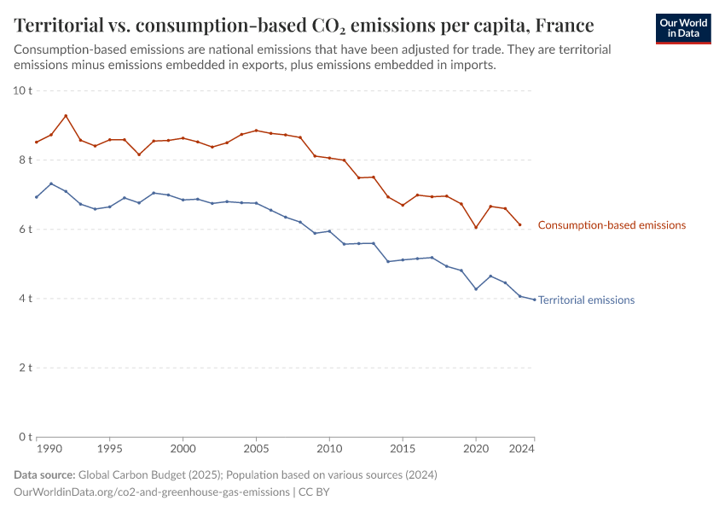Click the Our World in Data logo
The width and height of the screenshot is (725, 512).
(x=683, y=28)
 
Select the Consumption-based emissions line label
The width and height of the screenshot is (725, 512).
(x=612, y=225)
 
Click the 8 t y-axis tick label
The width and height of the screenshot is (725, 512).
(x=26, y=160)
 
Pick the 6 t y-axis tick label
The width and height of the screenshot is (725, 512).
(x=26, y=229)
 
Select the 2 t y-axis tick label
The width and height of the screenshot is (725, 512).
(x=26, y=368)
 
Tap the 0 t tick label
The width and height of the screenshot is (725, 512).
(x=26, y=437)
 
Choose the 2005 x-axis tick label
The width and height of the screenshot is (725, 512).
(x=256, y=448)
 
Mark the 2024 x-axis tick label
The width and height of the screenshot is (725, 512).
(x=521, y=448)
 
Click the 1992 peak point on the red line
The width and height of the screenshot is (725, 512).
(x=66, y=116)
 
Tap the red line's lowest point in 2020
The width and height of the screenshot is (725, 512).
(x=476, y=227)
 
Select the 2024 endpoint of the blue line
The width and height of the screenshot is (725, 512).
(x=535, y=300)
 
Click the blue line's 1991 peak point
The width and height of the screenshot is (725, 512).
(x=51, y=183)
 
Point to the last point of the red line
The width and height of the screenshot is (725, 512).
(x=520, y=225)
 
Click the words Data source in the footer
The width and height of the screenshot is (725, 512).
(x=44, y=474)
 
